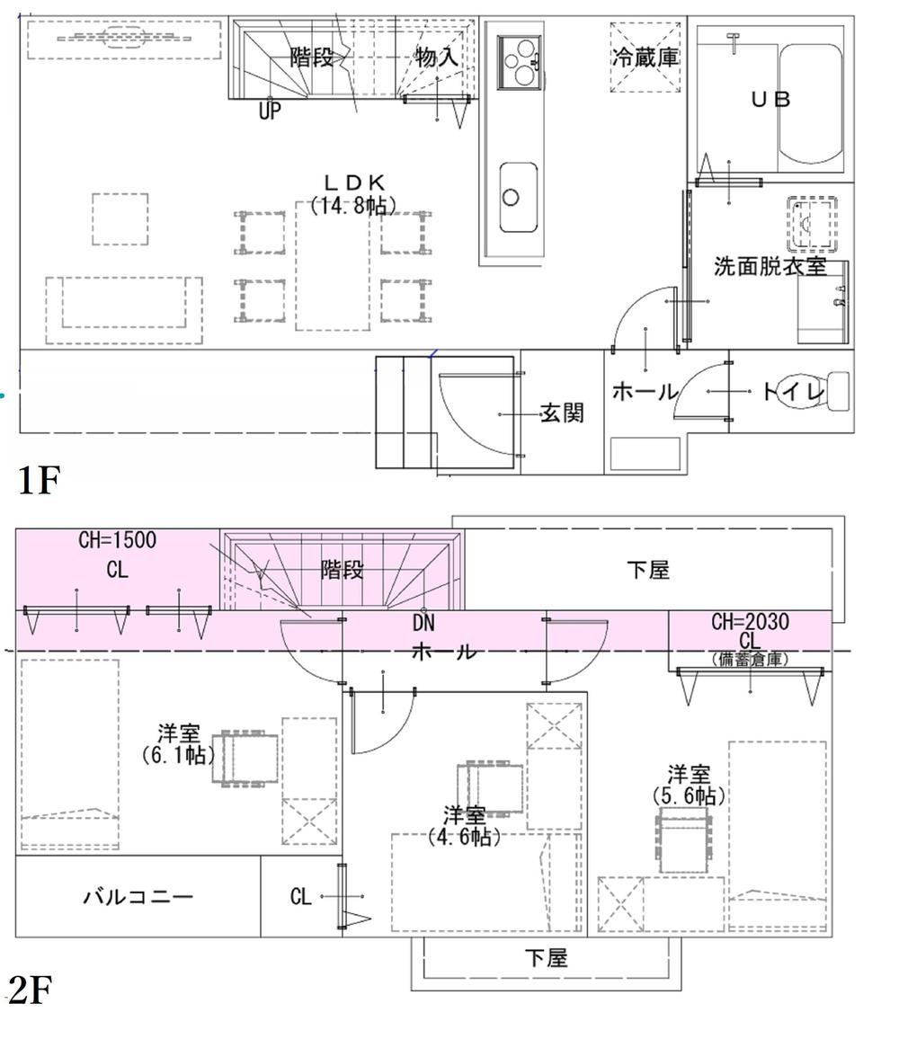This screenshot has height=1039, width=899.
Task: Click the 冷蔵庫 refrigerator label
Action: pyautogui.click(x=645, y=58)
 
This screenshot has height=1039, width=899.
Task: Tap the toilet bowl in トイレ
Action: pyautogui.click(x=836, y=391)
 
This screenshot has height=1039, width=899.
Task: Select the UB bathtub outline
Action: pyautogui.click(x=811, y=103)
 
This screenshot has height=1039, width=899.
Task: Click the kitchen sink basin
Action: pyautogui.click(x=518, y=198)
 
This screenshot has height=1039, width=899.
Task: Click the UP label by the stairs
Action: pyautogui.click(x=270, y=111)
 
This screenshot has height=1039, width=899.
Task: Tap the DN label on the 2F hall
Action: pyautogui.click(x=423, y=623)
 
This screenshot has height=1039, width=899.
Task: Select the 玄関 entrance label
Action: pyautogui.click(x=562, y=413)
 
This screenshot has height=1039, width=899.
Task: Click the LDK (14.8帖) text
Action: pyautogui.click(x=353, y=194)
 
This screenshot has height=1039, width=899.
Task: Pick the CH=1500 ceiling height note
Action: pyautogui.click(x=118, y=539)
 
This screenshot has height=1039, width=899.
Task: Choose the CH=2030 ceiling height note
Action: pyautogui.click(x=750, y=622)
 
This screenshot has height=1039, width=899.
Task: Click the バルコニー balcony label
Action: pyautogui.click(x=138, y=896)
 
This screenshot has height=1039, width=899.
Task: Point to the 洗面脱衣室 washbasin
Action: pyautogui.click(x=812, y=224)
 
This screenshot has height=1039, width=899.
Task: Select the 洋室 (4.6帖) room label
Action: pyautogui.click(x=464, y=826)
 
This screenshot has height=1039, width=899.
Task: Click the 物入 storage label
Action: pyautogui.click(x=436, y=57)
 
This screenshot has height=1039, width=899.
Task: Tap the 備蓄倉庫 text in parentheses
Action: pyautogui.click(x=750, y=660)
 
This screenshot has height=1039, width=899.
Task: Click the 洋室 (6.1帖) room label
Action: pyautogui.click(x=178, y=744)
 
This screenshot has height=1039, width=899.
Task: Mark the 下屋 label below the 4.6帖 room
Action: pyautogui.click(x=547, y=958)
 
